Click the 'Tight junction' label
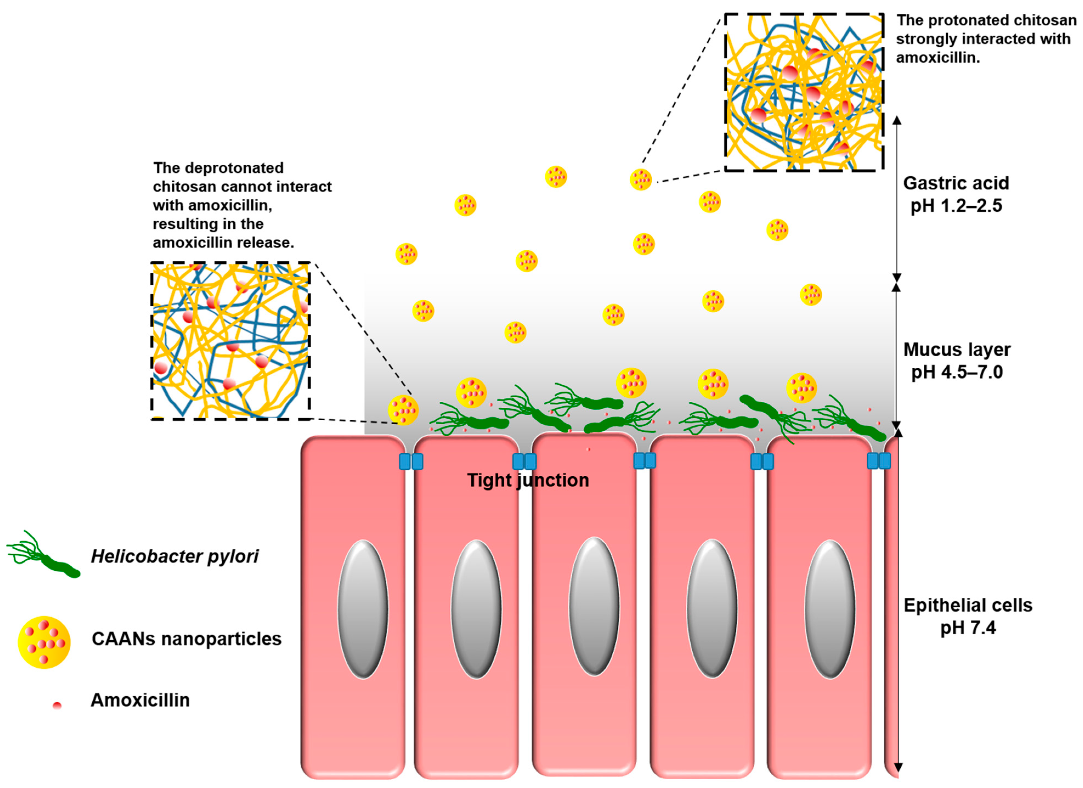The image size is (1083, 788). click(528, 480)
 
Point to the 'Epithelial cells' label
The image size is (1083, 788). click(968, 606)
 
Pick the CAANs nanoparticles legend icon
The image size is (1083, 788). click(44, 642)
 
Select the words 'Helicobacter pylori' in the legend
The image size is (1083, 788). click(175, 556)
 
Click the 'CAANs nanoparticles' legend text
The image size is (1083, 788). click(186, 639)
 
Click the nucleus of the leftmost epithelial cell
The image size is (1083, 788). click(363, 609)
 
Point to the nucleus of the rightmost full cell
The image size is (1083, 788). click(830, 609)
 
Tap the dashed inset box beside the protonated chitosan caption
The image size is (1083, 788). click(804, 92)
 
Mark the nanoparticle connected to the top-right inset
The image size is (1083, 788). click(640, 180)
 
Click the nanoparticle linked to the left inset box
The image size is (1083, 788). click(403, 410)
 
